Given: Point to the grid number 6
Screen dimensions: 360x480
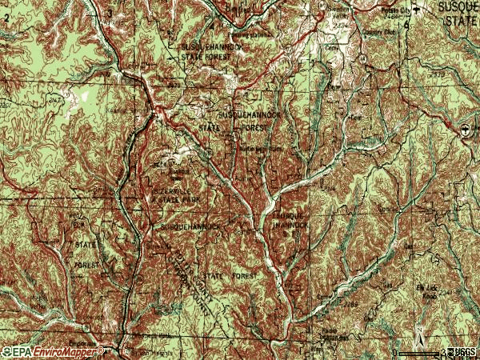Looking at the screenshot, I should coord(406,25).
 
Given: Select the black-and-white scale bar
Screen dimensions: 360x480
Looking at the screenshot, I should coord(421,352).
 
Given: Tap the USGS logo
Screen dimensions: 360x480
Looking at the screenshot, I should coord(462,352).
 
